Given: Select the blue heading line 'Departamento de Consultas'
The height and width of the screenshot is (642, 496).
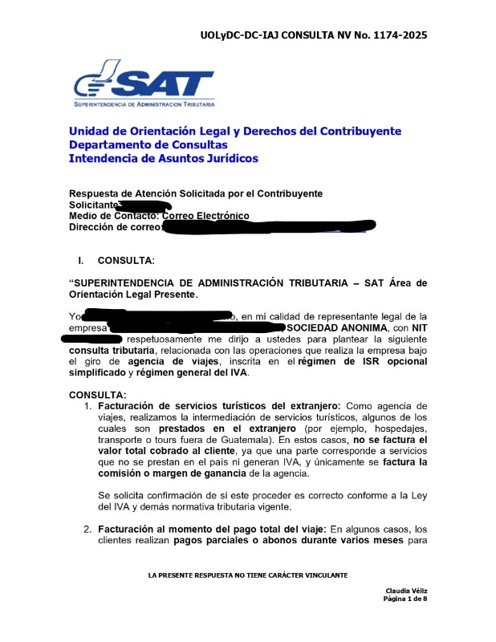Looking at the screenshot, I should (148, 145).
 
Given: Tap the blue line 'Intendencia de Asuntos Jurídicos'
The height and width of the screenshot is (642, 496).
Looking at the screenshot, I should (163, 159).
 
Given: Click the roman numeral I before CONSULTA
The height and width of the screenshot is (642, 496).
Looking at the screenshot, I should (80, 261).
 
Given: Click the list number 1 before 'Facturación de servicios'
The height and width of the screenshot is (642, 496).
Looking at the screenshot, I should (89, 406).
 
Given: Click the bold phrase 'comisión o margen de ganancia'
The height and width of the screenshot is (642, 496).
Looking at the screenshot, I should (172, 473).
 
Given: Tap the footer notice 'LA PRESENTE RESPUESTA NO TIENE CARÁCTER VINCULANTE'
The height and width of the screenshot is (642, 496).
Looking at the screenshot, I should (248, 576).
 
